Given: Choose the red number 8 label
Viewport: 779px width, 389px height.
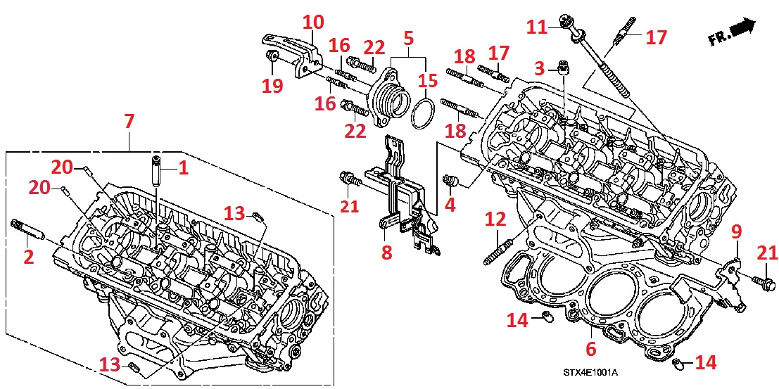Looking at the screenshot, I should click(x=386, y=253).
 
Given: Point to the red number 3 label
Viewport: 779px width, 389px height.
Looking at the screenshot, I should click(x=540, y=68).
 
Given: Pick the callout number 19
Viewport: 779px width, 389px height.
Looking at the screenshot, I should click(x=272, y=86).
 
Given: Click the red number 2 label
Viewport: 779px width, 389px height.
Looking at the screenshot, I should click(x=28, y=257).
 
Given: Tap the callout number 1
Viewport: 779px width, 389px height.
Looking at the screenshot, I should click(x=183, y=167).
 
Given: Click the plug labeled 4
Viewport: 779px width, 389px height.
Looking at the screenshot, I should click(x=450, y=182).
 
